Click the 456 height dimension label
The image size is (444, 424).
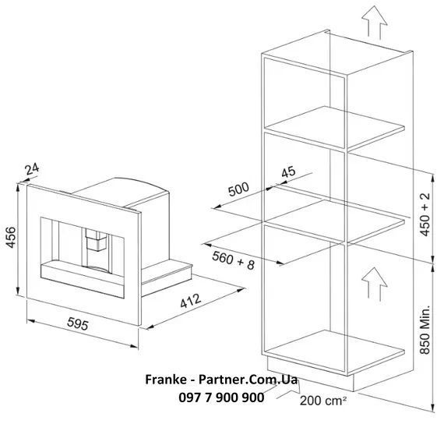tap(12, 237)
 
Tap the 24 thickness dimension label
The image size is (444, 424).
tap(32, 169)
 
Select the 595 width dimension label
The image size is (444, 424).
tap(78, 323)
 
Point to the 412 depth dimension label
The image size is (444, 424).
tap(191, 301)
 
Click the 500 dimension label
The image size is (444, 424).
tap(238, 189)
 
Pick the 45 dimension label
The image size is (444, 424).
tap(288, 171)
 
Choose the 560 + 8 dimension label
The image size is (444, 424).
tap(233, 260)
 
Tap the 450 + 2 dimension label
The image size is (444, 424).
tap(425, 214)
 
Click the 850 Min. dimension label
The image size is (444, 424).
tap(425, 330)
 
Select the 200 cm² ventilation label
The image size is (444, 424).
tap(322, 401)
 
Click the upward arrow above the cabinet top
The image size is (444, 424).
tap(375, 23)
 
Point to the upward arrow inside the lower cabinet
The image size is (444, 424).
tap(375, 284)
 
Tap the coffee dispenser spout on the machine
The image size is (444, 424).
tap(97, 240)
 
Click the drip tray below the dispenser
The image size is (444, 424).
tap(83, 279)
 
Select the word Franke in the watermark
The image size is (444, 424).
tap(166, 380)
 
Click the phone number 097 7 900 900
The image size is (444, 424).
tap(221, 397)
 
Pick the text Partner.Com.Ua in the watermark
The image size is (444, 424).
tap(248, 380)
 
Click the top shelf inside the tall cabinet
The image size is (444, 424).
tap(335, 128)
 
